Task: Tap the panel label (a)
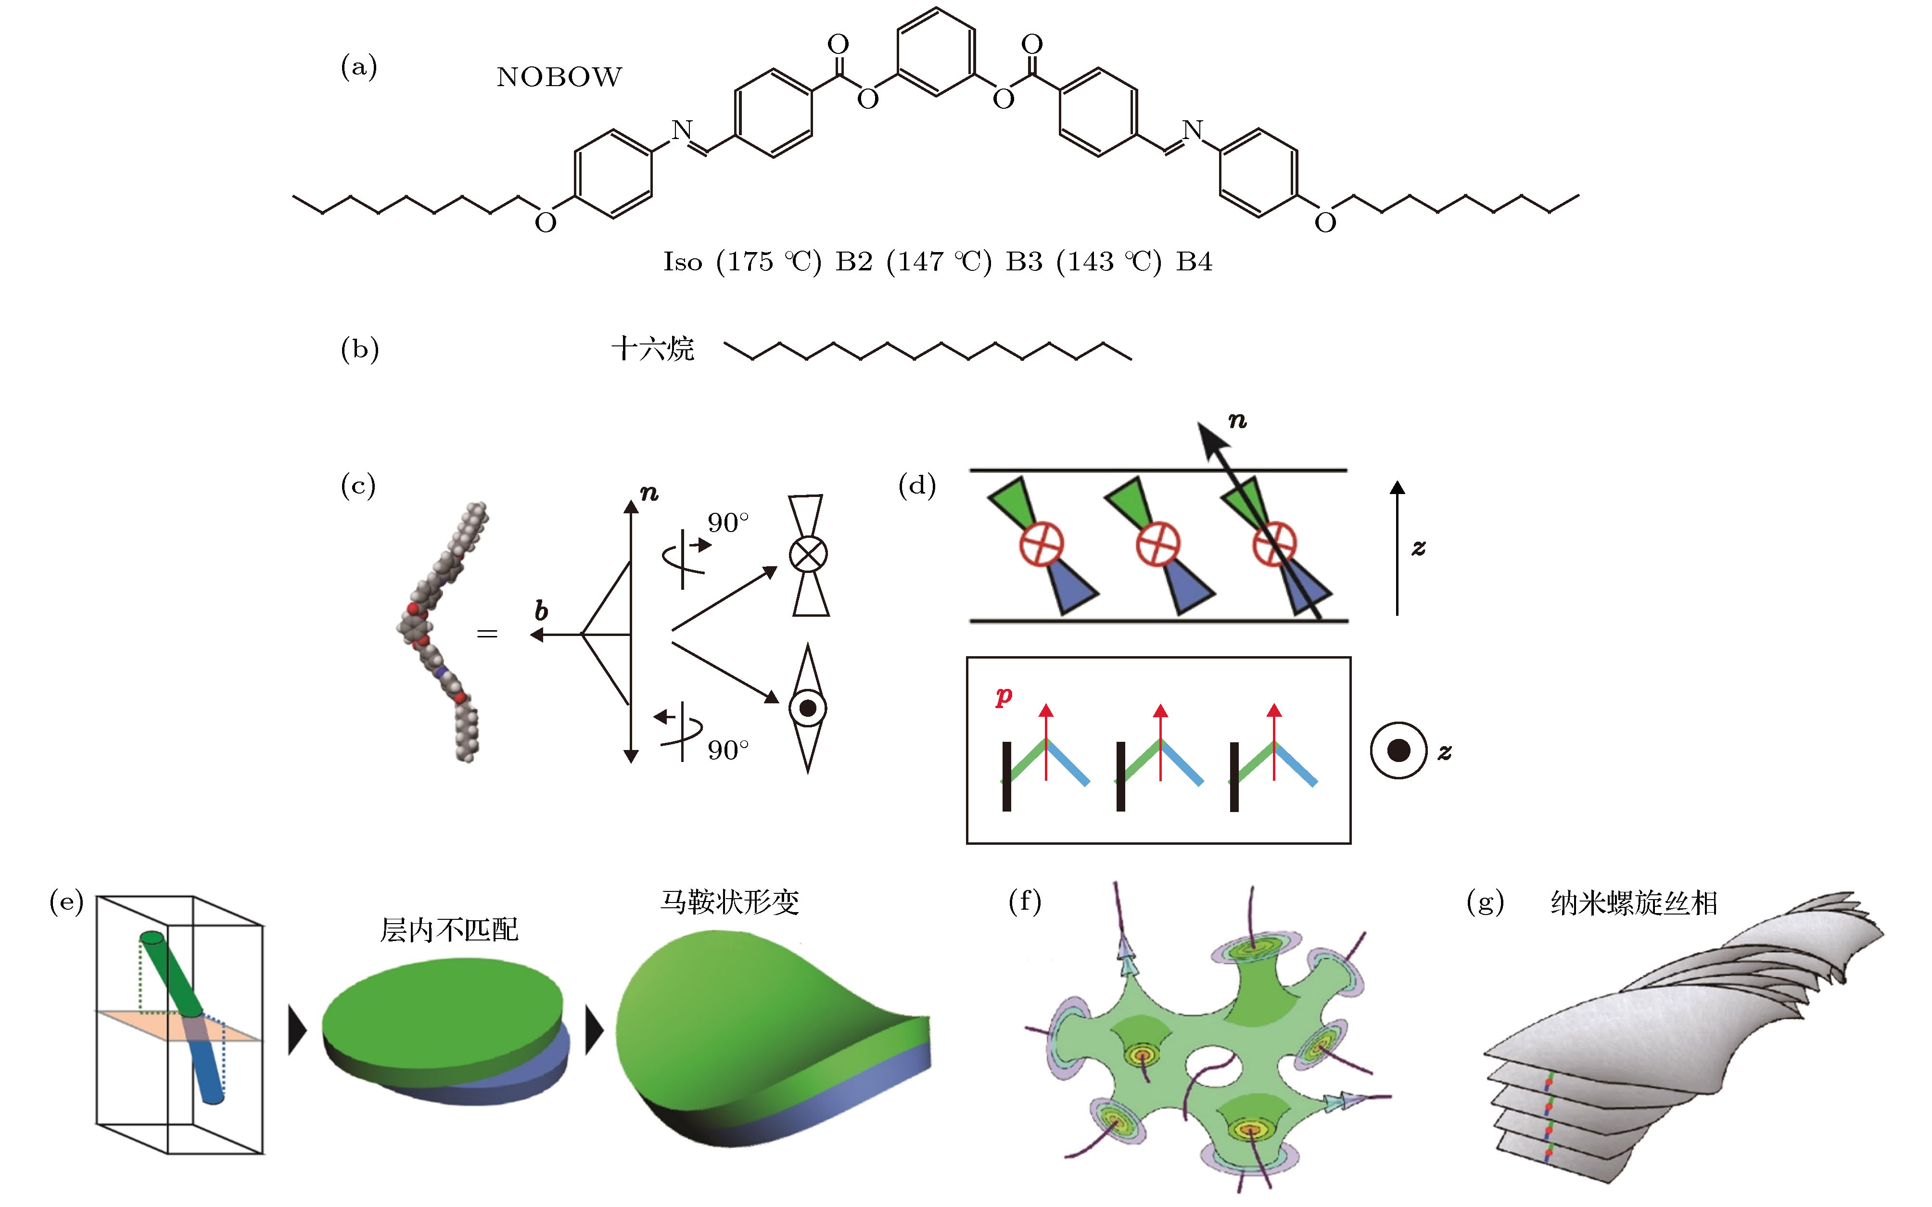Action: [358, 67]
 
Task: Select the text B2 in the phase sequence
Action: [853, 262]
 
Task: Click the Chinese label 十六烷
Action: [653, 349]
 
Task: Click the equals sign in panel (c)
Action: [487, 634]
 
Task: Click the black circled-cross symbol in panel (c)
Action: [808, 554]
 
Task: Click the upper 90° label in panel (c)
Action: [728, 523]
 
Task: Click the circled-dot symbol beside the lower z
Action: [1398, 750]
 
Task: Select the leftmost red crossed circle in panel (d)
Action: [1042, 545]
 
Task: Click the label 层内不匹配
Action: [449, 930]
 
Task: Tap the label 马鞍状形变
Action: [729, 902]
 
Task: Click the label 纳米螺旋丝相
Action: [1633, 903]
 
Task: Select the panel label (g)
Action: [1485, 903]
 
